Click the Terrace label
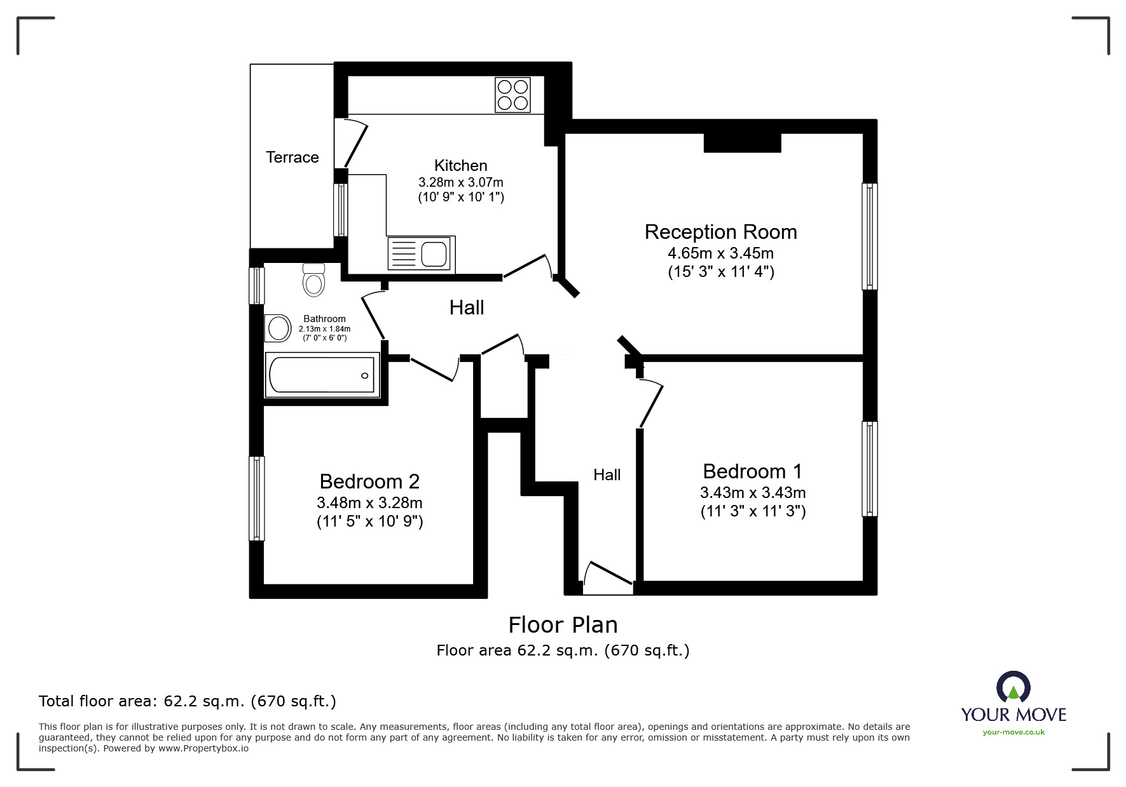pyautogui.click(x=292, y=157)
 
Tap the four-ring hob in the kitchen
pyautogui.click(x=512, y=95)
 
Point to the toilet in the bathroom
pyautogui.click(x=314, y=279)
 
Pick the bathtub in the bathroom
pyautogui.click(x=322, y=375)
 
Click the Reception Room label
pyautogui.click(x=720, y=232)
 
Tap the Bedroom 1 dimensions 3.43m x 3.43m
pyautogui.click(x=753, y=492)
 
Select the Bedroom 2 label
pyautogui.click(x=369, y=481)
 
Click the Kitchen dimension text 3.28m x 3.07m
pyautogui.click(x=460, y=182)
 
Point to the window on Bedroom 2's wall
pyautogui.click(x=256, y=499)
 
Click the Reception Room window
pyautogui.click(x=869, y=236)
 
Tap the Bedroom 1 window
pyautogui.click(x=869, y=469)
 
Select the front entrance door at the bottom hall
pyautogui.click(x=608, y=577)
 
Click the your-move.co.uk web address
pyautogui.click(x=1013, y=732)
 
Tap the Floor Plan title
pyautogui.click(x=563, y=625)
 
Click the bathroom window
pyautogui.click(x=256, y=285)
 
